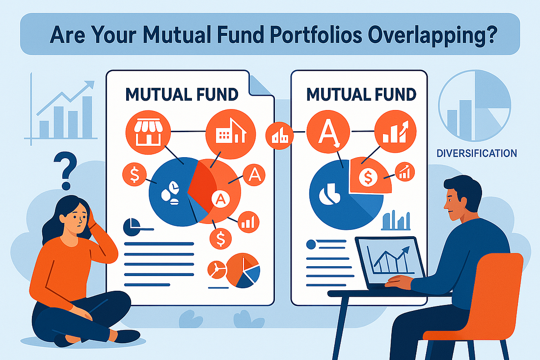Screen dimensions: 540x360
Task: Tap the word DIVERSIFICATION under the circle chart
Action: coord(477,153)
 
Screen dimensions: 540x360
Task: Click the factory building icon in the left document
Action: coord(231,134)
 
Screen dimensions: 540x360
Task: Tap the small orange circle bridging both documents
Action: coord(279,136)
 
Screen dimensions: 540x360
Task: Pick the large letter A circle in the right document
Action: coord(328,132)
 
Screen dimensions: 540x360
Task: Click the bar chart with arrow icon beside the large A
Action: coord(395,131)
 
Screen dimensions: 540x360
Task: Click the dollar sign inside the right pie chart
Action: coord(368,177)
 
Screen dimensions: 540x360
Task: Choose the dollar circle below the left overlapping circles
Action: coord(220,238)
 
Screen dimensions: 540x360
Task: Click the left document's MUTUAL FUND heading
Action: coord(182,94)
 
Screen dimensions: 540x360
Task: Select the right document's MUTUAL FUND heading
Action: coord(361,94)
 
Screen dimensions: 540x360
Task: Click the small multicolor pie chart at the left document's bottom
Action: coord(243,271)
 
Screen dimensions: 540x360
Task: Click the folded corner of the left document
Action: coord(260,85)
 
